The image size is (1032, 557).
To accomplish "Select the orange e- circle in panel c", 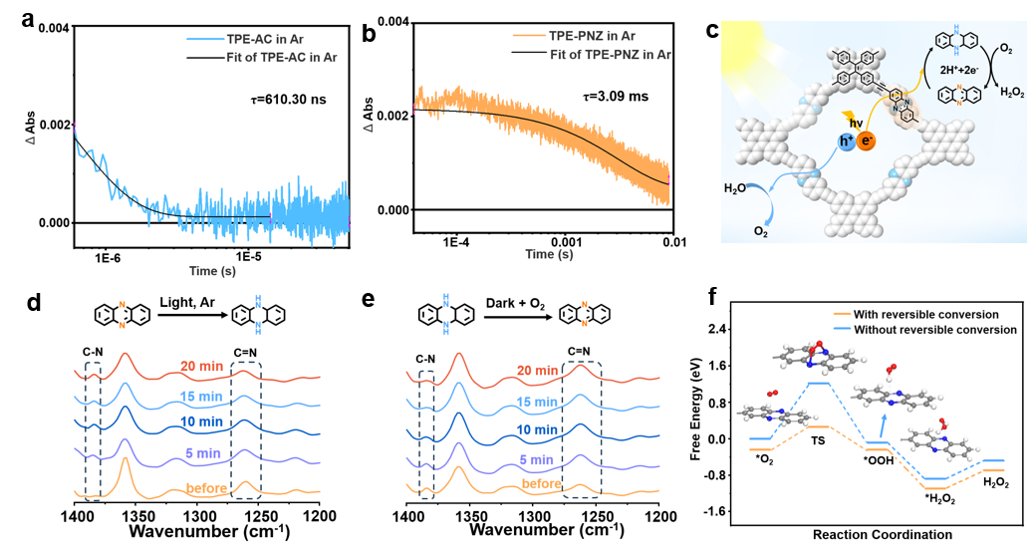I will (x=867, y=142).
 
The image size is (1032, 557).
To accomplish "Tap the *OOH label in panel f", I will (x=878, y=462).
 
